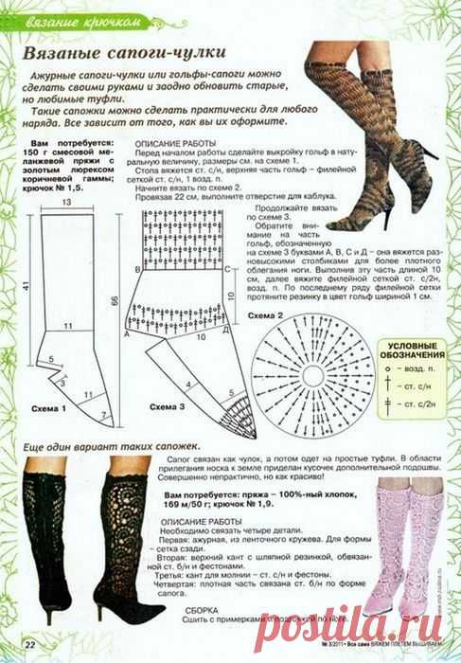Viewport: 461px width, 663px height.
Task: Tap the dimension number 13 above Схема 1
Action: pyautogui.click(x=66, y=202)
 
